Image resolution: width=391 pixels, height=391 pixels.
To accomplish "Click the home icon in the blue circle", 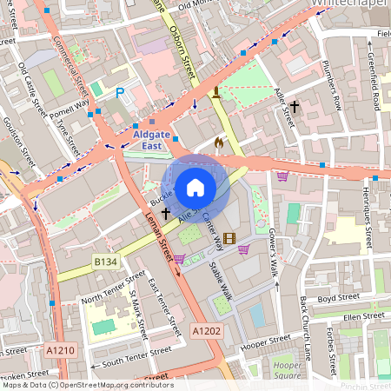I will click(x=195, y=187).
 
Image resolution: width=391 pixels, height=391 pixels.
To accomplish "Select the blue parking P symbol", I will click(x=120, y=91).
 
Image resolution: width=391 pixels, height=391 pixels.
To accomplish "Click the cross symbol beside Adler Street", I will click(x=295, y=107).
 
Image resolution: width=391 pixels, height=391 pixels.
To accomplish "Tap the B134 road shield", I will click(x=105, y=260).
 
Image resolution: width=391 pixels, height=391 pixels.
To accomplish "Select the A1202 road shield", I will click(x=205, y=330).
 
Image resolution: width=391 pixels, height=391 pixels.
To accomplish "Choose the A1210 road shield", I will click(x=59, y=349).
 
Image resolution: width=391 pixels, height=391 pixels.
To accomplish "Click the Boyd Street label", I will click(x=337, y=297).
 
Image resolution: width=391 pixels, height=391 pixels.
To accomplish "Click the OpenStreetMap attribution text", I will click(x=87, y=385).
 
